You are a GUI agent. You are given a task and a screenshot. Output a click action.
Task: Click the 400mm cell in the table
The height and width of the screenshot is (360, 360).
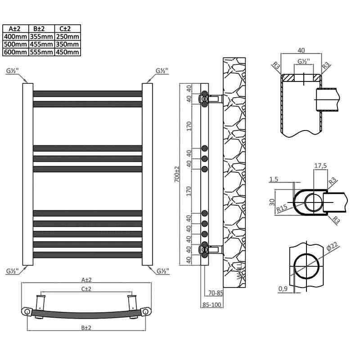tap(15, 37)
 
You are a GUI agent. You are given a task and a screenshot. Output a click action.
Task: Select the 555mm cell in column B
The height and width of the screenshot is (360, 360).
tap(41, 52)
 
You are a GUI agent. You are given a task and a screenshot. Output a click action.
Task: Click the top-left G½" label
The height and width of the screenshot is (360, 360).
tap(12, 71)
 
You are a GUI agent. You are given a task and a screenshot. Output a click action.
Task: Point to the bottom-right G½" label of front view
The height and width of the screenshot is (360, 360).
tap(162, 271)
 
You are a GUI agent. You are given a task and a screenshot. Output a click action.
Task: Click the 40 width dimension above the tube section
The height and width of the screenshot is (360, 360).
tap(301, 50)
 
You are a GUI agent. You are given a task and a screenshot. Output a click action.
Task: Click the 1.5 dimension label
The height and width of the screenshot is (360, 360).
tap(273, 179)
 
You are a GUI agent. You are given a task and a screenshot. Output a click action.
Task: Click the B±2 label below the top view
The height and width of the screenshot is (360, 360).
tap(87, 328)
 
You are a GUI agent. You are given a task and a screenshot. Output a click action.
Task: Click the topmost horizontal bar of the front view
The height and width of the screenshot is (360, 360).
tap(88, 94)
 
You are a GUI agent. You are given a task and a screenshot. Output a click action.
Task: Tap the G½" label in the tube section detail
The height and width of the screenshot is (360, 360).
tap(303, 62)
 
